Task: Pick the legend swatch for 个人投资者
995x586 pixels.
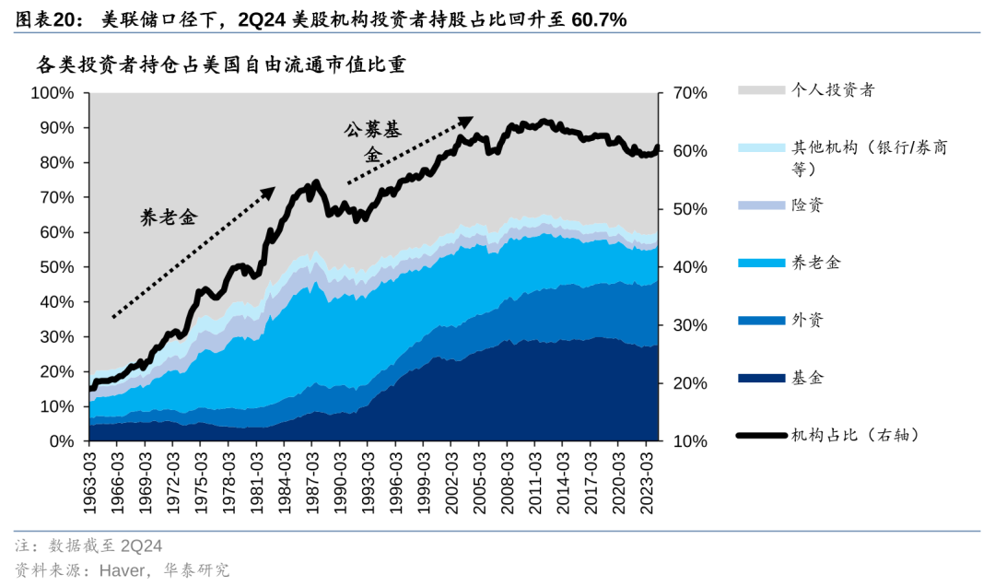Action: [x=758, y=90]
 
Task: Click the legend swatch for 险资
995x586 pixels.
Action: [x=758, y=205]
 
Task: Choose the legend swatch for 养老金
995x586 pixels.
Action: [x=758, y=263]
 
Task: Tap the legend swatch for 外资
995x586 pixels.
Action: [x=758, y=320]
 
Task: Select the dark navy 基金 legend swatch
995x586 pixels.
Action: [x=758, y=378]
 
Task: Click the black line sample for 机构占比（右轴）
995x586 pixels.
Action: [x=758, y=435]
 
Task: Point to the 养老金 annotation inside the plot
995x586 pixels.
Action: [x=169, y=217]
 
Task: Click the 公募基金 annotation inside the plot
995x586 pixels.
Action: [x=372, y=142]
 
